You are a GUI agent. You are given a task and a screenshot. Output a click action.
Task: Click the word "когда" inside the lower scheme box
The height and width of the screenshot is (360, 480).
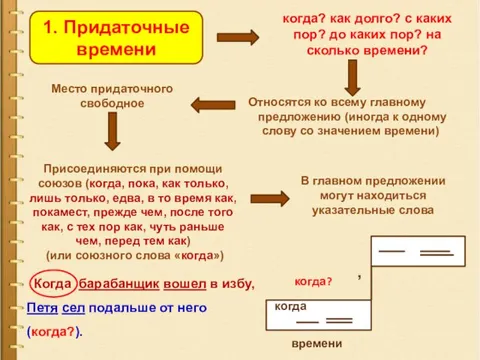pyautogui.click(x=290, y=306)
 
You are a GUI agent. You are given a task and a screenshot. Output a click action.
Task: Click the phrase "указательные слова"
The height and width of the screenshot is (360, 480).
pyautogui.click(x=370, y=211)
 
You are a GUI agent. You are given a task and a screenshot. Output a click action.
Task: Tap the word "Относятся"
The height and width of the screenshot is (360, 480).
pyautogui.click(x=279, y=102)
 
